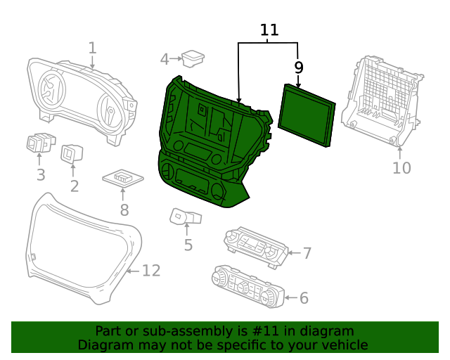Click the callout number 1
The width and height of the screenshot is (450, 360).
point(92,48)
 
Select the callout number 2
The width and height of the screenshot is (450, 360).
point(74,186)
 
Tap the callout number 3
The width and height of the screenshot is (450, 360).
point(41,175)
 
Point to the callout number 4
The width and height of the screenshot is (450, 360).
point(165,59)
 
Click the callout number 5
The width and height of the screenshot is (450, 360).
point(188,245)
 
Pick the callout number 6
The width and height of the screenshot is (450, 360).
point(304,298)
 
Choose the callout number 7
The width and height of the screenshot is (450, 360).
point(307,253)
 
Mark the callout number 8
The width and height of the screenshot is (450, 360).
point(124,210)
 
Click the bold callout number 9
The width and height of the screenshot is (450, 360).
point(299,67)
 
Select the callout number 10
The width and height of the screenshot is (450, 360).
point(401,168)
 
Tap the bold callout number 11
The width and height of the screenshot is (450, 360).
point(269,30)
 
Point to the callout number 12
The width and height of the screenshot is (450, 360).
point(151,271)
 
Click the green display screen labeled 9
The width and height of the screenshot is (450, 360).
point(307,115)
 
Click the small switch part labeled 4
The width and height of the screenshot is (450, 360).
point(193,58)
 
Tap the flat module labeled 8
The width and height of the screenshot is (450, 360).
point(123,178)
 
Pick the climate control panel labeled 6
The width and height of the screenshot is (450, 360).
point(247,286)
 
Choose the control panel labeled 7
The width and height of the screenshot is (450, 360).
point(256,245)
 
